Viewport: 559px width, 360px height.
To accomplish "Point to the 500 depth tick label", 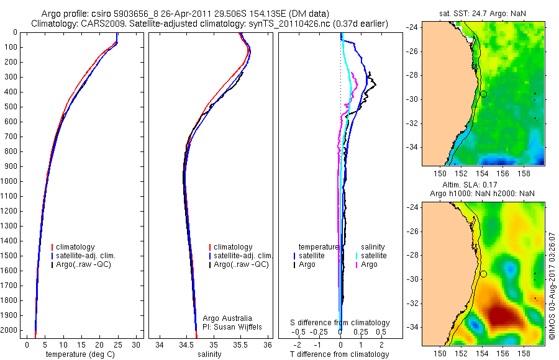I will coord(11,107).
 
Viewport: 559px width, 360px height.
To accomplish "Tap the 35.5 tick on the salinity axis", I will coord(241,344).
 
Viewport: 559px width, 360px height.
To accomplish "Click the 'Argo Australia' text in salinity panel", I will coord(228,318).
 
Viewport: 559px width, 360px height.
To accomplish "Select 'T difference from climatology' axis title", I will coord(339,354).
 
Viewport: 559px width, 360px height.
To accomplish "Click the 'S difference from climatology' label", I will coord(340,323).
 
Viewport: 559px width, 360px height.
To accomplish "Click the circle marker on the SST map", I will coord(483,93).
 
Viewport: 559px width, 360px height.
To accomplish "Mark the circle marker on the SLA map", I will coord(483,274).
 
